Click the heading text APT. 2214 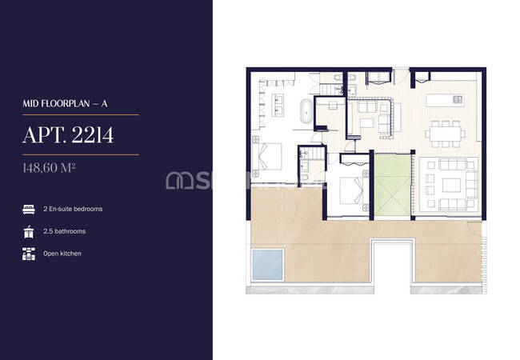pyautogui.click(x=68, y=135)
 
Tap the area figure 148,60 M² pyautogui.click(x=49, y=168)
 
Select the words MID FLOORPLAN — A pyautogui.click(x=65, y=104)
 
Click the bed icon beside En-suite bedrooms pyautogui.click(x=29, y=210)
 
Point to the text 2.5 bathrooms pyautogui.click(x=64, y=231)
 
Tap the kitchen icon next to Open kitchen pyautogui.click(x=29, y=254)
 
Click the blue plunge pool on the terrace pyautogui.click(x=268, y=265)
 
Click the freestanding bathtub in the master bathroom pyautogui.click(x=306, y=111)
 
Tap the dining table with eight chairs pyautogui.click(x=445, y=134)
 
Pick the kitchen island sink pyautogui.click(x=458, y=98)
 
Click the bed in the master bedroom pyautogui.click(x=267, y=157)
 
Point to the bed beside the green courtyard pyautogui.click(x=352, y=190)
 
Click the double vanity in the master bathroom pyautogui.click(x=278, y=106)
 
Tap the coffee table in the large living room pyautogui.click(x=451, y=186)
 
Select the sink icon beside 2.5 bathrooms pyautogui.click(x=29, y=232)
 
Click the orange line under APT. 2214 pyautogui.click(x=81, y=155)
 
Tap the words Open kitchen pyautogui.click(x=62, y=254)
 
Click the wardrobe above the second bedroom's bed pyautogui.click(x=354, y=159)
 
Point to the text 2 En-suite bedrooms pyautogui.click(x=73, y=209)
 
